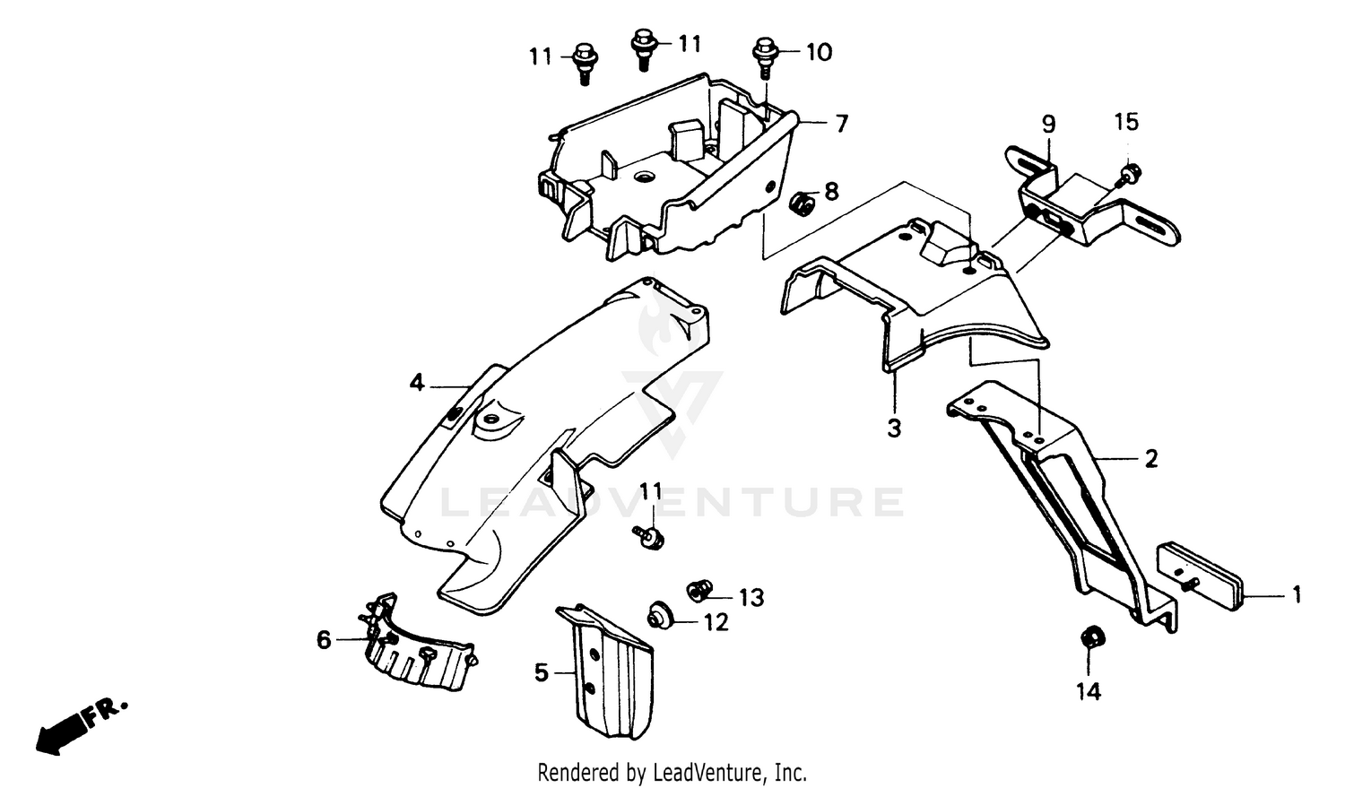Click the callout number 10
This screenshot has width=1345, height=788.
819,52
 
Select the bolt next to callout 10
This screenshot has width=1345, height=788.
765,55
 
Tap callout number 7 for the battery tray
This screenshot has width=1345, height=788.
841,124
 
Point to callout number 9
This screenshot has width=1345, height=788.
1048,123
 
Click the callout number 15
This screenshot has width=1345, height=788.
1126,122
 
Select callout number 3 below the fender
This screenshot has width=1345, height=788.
894,429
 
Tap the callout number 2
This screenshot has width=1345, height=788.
1151,459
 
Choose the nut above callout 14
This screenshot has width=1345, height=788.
1091,637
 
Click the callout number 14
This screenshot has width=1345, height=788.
1089,691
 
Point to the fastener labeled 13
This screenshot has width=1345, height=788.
699,590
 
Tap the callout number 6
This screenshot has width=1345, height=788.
324,639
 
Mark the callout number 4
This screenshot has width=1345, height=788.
417,384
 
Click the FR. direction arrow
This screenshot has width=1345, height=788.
79,724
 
